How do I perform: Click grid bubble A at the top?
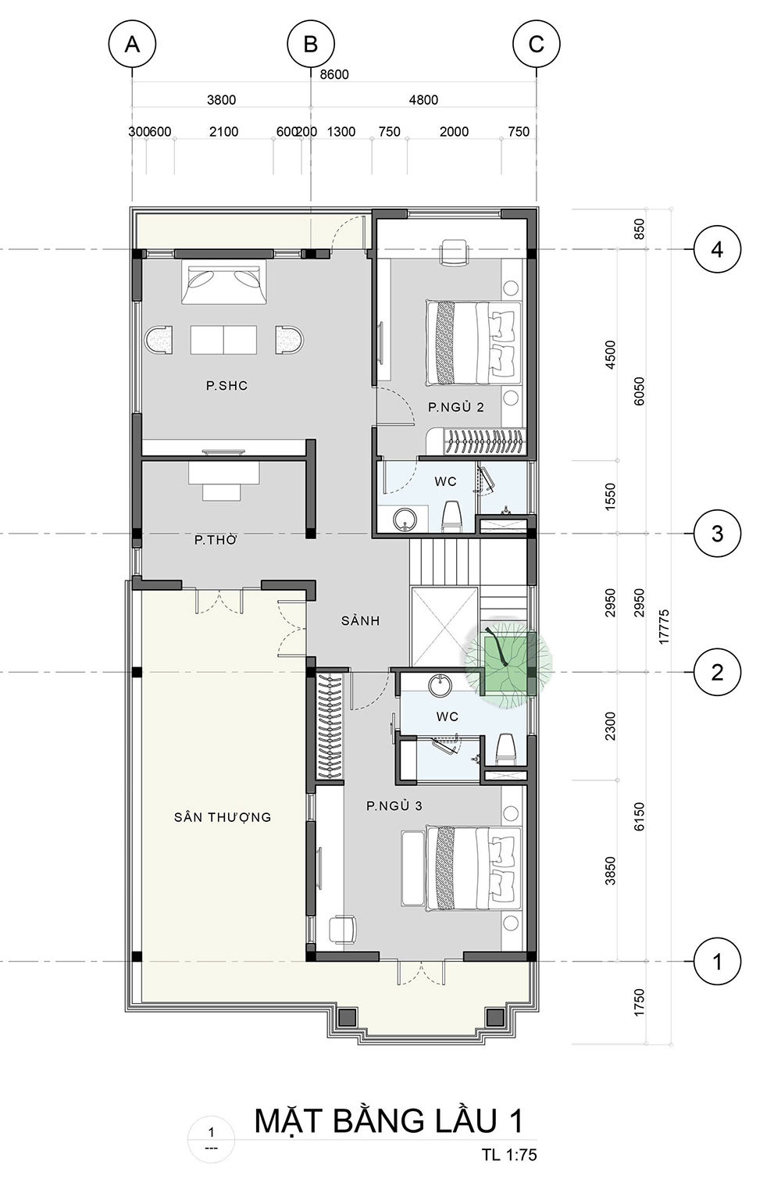[132, 45]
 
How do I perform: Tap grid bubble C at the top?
[536, 45]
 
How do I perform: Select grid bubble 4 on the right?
[717, 249]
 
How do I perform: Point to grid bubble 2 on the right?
[717, 673]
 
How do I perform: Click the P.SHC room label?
[227, 385]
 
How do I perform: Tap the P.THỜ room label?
[216, 540]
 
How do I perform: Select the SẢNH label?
[360, 620]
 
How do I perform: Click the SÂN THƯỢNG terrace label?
[223, 817]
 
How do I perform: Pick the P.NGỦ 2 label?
[456, 406]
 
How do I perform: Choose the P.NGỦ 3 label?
[394, 806]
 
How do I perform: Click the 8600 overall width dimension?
[334, 75]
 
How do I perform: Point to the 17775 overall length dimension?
[665, 627]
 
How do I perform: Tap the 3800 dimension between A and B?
[221, 100]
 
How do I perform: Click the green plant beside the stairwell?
[508, 663]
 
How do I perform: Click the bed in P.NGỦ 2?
[472, 342]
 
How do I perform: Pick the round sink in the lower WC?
[440, 687]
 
